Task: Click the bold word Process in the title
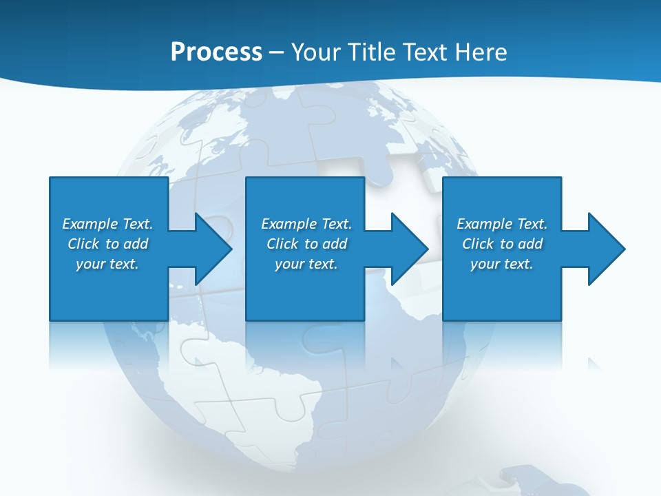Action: click(216, 52)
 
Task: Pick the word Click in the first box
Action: click(84, 244)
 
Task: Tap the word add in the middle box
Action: click(335, 244)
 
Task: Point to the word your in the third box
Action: click(485, 264)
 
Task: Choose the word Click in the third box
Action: click(479, 244)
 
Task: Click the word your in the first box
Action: click(90, 264)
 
